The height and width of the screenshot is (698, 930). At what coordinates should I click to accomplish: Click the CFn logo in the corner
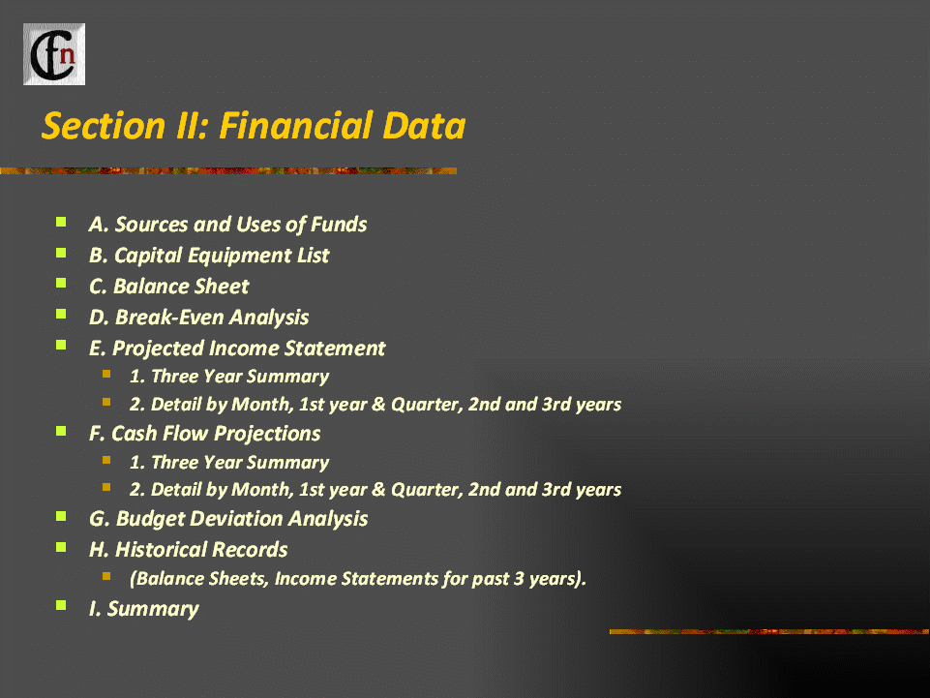coord(54,54)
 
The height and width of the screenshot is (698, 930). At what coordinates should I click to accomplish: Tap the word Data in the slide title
coord(424,126)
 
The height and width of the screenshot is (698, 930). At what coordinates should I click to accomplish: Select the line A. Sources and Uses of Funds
coord(227,225)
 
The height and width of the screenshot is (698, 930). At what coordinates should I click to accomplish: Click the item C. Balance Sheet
coord(169,287)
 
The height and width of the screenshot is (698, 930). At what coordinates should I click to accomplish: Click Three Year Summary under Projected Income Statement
coord(229,377)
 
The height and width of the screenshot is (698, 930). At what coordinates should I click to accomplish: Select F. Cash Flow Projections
coord(204,434)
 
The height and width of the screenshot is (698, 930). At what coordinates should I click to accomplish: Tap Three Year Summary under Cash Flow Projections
coord(229,463)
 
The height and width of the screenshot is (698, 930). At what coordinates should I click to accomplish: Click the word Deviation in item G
coord(236,519)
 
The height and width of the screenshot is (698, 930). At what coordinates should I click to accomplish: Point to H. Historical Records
coord(188,550)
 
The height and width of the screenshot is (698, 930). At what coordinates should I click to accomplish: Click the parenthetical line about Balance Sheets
coord(358,579)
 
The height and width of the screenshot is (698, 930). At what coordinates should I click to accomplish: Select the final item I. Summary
coord(144,609)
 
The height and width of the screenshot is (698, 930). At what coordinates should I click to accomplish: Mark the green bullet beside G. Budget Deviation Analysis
coord(61,516)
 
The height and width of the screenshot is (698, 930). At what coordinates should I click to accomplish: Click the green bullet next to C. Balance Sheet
coord(61,283)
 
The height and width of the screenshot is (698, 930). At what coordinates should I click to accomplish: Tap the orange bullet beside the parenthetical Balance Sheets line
coord(106,576)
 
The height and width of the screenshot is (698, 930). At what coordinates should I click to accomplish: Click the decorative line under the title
coord(228,171)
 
